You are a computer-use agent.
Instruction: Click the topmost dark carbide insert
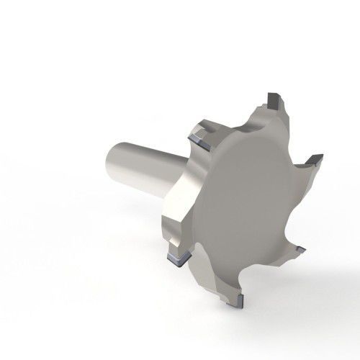point(273,97)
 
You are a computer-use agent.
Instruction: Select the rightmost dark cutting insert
point(315,158)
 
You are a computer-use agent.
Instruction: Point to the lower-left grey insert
point(175,256)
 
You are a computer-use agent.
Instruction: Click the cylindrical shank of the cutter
point(140,166)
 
